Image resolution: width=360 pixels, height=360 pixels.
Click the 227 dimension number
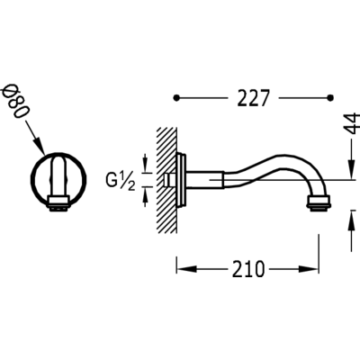(x=252, y=98)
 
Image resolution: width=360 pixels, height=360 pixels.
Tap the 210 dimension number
(x=248, y=269)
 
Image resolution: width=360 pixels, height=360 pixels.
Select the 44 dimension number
(x=351, y=123)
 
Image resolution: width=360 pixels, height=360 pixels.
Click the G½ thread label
(x=120, y=182)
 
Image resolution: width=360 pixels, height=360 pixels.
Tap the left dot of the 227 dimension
(x=176, y=97)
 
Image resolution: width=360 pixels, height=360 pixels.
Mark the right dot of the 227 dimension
(x=330, y=97)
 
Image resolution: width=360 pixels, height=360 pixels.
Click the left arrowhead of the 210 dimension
(x=186, y=269)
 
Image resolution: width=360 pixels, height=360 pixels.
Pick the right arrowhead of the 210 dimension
(x=308, y=269)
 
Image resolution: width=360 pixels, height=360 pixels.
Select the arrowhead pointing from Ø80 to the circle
(x=40, y=147)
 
